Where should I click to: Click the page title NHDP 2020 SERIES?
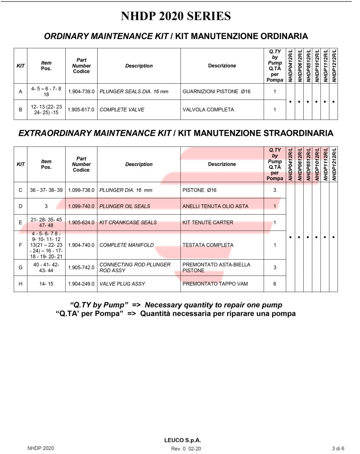click(176, 16)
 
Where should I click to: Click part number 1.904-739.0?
click(81, 91)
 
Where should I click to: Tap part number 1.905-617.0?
click(81, 109)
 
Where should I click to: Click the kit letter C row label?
click(21, 190)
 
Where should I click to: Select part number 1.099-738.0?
click(81, 190)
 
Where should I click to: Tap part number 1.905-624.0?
click(81, 222)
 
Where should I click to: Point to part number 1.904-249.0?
click(81, 284)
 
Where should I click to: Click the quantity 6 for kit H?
click(274, 284)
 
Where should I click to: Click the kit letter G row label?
click(21, 267)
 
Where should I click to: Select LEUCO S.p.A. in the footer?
click(181, 440)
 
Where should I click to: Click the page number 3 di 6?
click(338, 448)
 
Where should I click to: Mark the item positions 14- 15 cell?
click(46, 284)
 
